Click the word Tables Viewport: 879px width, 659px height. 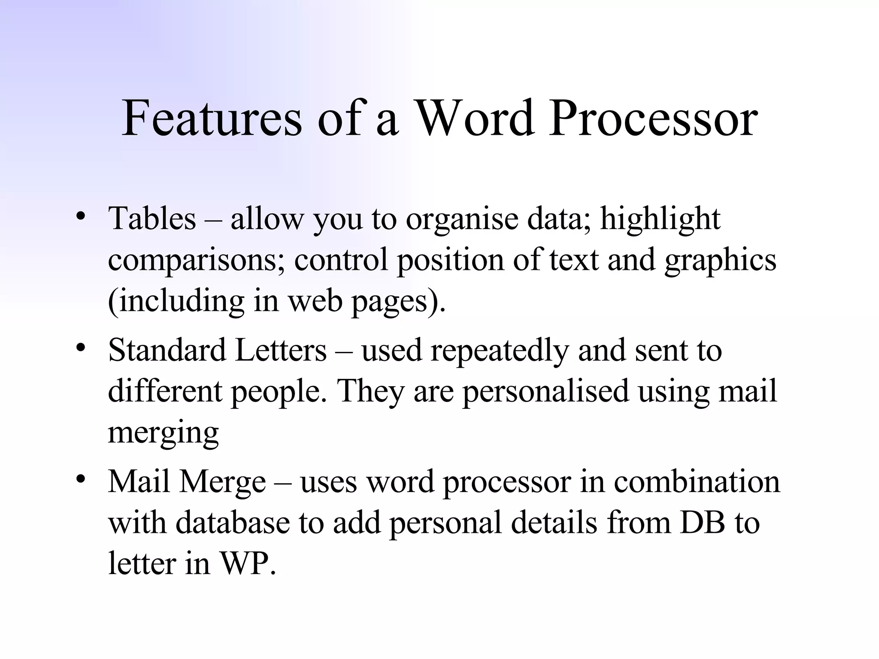coord(152,218)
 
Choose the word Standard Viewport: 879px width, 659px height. coord(167,350)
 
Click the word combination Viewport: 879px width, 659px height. coord(697,481)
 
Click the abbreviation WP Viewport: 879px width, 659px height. coord(247,563)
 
